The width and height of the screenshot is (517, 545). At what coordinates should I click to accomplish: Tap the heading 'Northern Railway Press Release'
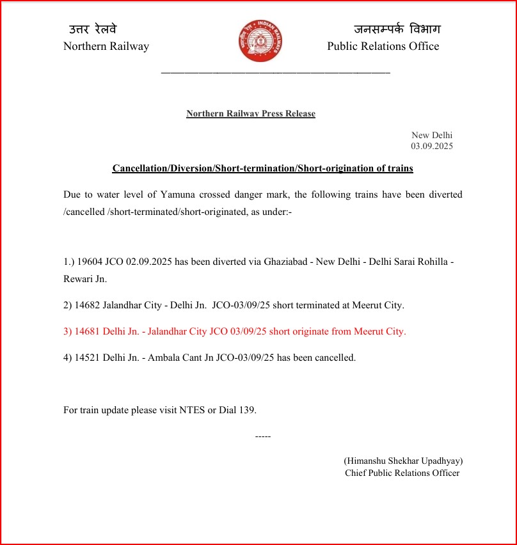[251, 114]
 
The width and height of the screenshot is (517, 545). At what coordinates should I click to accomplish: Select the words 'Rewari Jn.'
[85, 279]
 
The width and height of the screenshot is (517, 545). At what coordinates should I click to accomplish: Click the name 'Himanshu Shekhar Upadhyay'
[403, 461]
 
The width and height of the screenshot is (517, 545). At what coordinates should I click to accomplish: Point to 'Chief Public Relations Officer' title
[402, 473]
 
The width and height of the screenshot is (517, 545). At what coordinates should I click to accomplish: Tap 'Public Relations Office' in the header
[383, 46]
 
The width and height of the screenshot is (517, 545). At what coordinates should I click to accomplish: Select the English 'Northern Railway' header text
[106, 46]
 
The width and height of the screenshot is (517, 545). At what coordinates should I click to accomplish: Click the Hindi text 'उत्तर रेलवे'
[93, 29]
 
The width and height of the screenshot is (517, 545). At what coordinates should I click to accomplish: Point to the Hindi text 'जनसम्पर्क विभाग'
[397, 29]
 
